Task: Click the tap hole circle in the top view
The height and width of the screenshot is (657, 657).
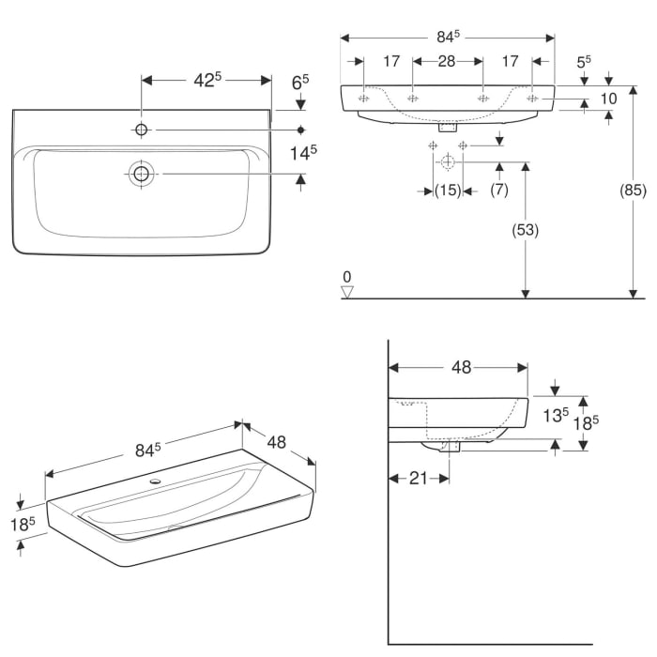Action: (x=142, y=129)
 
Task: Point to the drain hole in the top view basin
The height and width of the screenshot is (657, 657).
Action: (x=142, y=173)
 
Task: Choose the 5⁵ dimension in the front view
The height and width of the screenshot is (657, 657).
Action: (x=583, y=61)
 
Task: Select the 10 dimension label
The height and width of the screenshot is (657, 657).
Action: (x=609, y=99)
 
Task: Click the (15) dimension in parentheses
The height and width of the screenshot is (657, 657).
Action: (x=449, y=191)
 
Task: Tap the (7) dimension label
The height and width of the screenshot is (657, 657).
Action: (x=498, y=191)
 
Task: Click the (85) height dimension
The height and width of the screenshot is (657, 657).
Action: (x=634, y=191)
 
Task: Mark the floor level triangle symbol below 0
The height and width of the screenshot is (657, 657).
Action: (x=347, y=292)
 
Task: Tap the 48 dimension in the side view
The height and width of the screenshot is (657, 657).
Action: (x=460, y=367)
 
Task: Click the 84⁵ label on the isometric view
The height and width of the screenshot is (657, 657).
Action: (x=144, y=450)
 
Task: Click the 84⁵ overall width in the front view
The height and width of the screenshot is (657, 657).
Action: (x=447, y=37)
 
